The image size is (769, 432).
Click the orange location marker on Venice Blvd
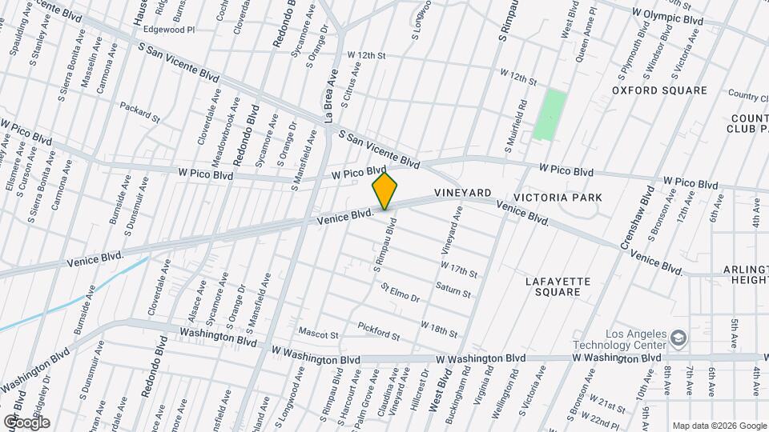pyautogui.click(x=385, y=190)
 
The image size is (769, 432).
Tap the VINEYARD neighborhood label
pyautogui.click(x=462, y=194)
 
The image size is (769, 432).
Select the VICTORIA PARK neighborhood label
pyautogui.click(x=557, y=197)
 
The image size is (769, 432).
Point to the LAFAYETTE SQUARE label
pyautogui.click(x=558, y=286)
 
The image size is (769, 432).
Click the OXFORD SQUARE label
pyautogui.click(x=659, y=90)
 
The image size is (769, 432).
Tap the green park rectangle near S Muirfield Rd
pyautogui.click(x=550, y=115)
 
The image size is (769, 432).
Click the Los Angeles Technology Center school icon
pyautogui.click(x=678, y=338)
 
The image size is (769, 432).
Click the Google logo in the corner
pyautogui.click(x=26, y=422)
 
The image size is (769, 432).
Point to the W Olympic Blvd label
pyautogui.click(x=667, y=16)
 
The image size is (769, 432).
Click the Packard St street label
pyautogui.click(x=140, y=111)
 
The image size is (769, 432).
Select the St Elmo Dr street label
pyautogui.click(x=401, y=292)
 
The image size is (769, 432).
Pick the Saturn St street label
pyautogui.click(x=453, y=289)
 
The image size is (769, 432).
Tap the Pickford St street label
pyautogui.click(x=378, y=328)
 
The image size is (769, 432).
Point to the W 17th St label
pyautogui.click(x=458, y=269)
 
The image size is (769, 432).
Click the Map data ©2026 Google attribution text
pyautogui.click(x=719, y=426)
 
